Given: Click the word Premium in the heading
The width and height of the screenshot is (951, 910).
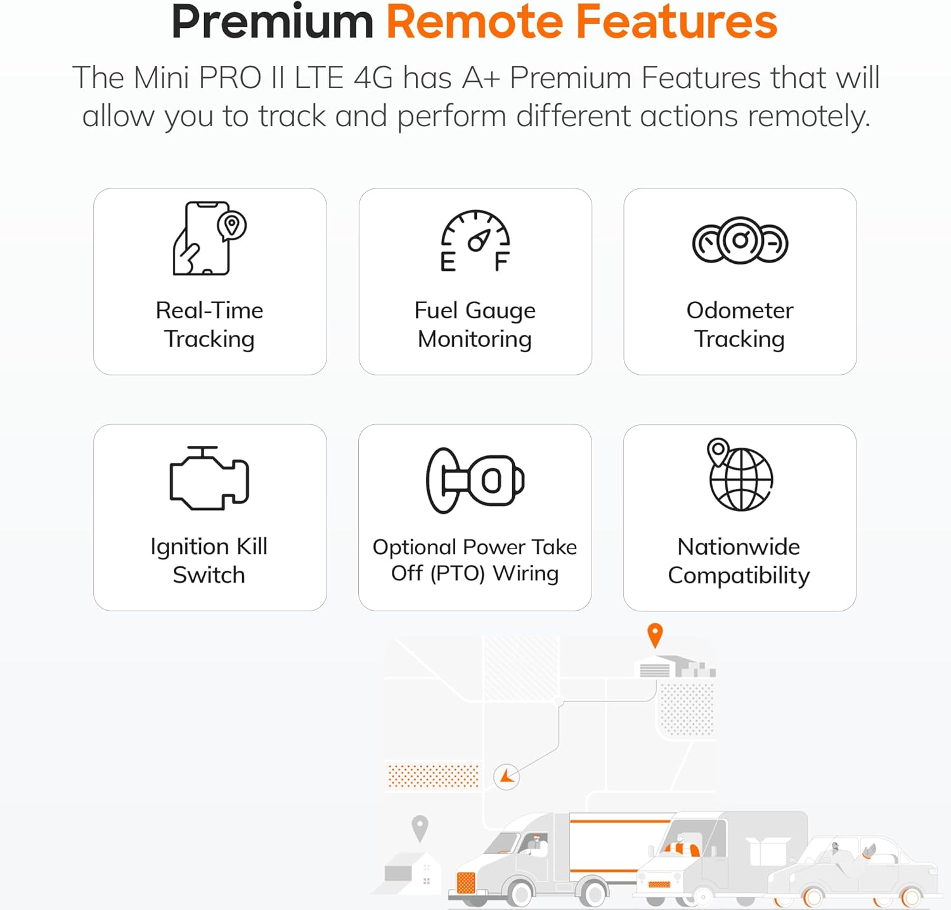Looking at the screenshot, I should point(273,22).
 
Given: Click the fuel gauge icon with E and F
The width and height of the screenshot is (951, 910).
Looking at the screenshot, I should point(475,241).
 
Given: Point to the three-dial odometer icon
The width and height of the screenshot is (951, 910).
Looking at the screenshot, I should point(740,240).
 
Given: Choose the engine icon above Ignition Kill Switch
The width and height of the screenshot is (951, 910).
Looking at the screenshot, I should point(209,479).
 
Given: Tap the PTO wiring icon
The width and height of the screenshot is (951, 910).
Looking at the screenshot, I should point(475,480).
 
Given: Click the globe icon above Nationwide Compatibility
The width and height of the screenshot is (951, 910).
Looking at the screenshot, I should point(739,476).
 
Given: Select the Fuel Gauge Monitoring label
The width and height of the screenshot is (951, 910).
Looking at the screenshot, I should point(475,325).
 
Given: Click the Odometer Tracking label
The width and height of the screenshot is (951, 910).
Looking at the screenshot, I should point(740,325).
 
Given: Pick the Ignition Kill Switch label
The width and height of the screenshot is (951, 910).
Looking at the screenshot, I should point(209,561).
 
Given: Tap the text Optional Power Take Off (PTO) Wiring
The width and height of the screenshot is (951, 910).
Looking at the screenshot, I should point(475,560).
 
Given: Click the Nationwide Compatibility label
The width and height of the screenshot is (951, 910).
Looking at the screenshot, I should point(739,561).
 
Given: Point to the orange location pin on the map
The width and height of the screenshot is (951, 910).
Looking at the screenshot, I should point(655,634).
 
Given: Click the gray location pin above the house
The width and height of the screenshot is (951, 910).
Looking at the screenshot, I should point(420,827).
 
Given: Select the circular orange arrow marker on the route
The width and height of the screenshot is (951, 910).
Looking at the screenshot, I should point(507,776).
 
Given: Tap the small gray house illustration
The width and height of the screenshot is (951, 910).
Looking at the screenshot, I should point(409,872).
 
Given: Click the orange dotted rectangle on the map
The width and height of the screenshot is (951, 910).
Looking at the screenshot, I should point(434,776).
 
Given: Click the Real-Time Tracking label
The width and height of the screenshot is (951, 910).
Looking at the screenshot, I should point(209,325).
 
